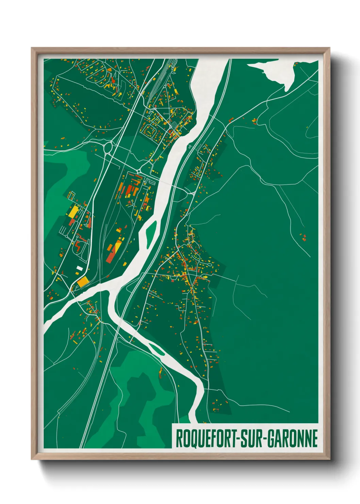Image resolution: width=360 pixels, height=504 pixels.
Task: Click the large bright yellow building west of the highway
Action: (73, 212)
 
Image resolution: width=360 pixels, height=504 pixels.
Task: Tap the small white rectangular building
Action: (79, 268)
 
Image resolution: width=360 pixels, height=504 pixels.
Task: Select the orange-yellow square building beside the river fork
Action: (83, 282)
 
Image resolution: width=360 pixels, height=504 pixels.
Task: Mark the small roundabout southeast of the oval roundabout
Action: (139, 171)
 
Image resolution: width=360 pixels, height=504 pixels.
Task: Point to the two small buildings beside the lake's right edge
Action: (296, 64)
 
